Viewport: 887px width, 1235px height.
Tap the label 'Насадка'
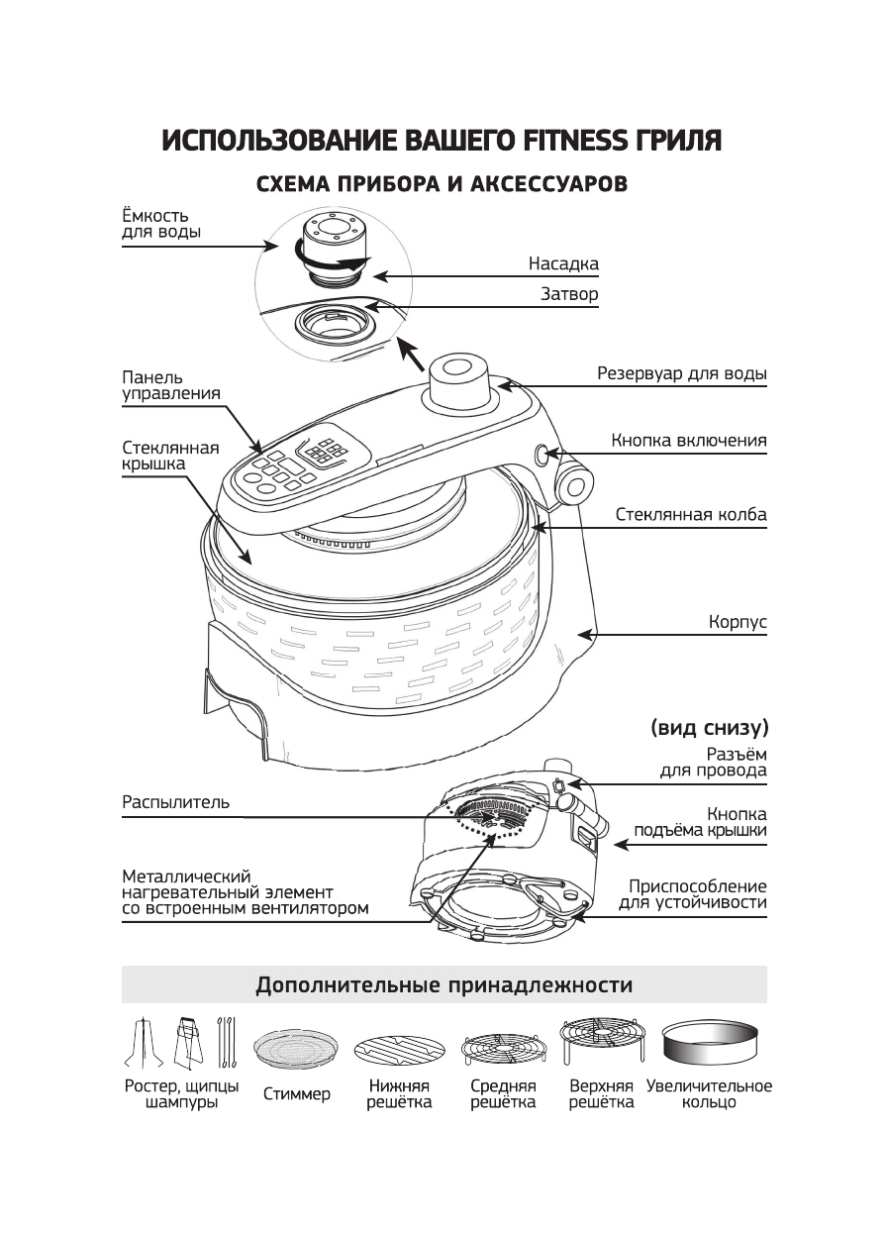(x=562, y=264)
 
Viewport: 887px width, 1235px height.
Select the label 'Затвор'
(x=569, y=294)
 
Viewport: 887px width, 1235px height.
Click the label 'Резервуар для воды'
(x=681, y=374)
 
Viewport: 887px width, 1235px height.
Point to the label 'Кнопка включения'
(x=688, y=441)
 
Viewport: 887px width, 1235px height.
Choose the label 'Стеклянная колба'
(x=690, y=515)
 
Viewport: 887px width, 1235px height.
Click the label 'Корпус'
(x=738, y=623)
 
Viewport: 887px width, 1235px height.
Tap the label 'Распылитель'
(x=175, y=802)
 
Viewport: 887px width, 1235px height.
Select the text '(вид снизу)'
(x=709, y=728)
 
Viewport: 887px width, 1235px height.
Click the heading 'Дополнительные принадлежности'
(x=443, y=985)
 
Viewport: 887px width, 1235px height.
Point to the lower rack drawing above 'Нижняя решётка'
(x=400, y=1050)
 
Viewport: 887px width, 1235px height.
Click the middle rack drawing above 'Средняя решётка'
(x=503, y=1049)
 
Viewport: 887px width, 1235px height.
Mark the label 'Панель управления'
(x=170, y=385)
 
